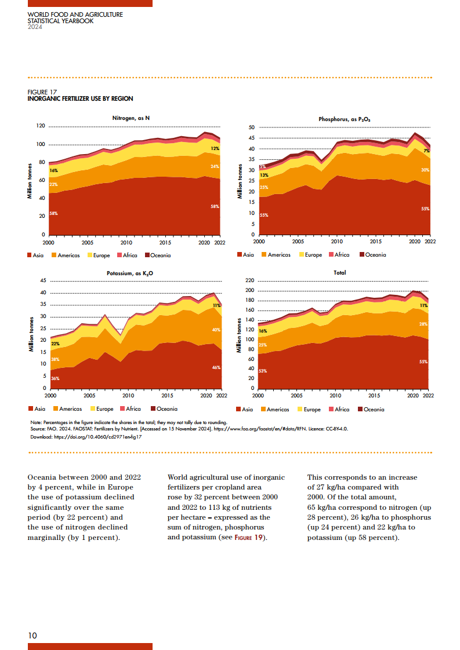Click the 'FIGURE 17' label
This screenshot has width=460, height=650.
[x=42, y=92]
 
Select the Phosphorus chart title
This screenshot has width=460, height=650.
[x=344, y=119]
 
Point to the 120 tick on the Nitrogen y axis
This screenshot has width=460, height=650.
[x=41, y=126]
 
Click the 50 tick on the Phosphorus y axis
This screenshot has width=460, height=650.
[x=252, y=127]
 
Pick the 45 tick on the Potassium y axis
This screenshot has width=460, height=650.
[x=42, y=281]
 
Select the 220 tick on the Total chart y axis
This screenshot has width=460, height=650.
[x=250, y=281]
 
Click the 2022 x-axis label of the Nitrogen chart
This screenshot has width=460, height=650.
[x=220, y=243]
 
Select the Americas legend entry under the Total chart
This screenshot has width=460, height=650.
[x=274, y=409]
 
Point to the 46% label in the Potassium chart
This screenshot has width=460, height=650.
[x=216, y=367]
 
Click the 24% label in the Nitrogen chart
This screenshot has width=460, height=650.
[x=215, y=167]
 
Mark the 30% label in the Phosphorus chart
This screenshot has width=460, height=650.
[x=425, y=170]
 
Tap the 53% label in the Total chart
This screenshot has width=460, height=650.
[x=263, y=371]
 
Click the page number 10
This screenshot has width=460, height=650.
[x=32, y=636]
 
